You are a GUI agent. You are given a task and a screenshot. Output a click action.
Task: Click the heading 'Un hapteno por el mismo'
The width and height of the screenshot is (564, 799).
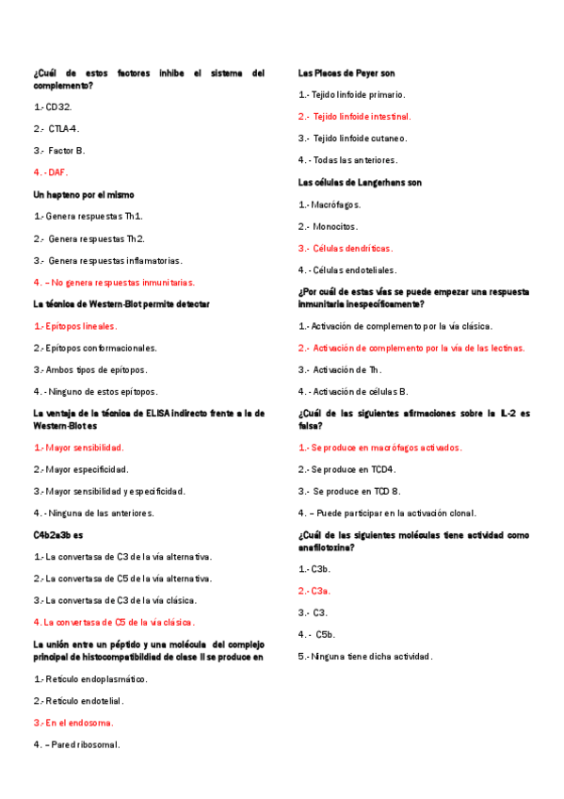84,194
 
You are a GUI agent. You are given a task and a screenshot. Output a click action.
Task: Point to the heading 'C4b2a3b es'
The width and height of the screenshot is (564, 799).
58,534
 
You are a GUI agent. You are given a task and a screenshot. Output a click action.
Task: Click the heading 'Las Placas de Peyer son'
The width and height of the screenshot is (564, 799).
346,73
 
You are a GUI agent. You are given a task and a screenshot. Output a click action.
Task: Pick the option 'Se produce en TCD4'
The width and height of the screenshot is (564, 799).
347,469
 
